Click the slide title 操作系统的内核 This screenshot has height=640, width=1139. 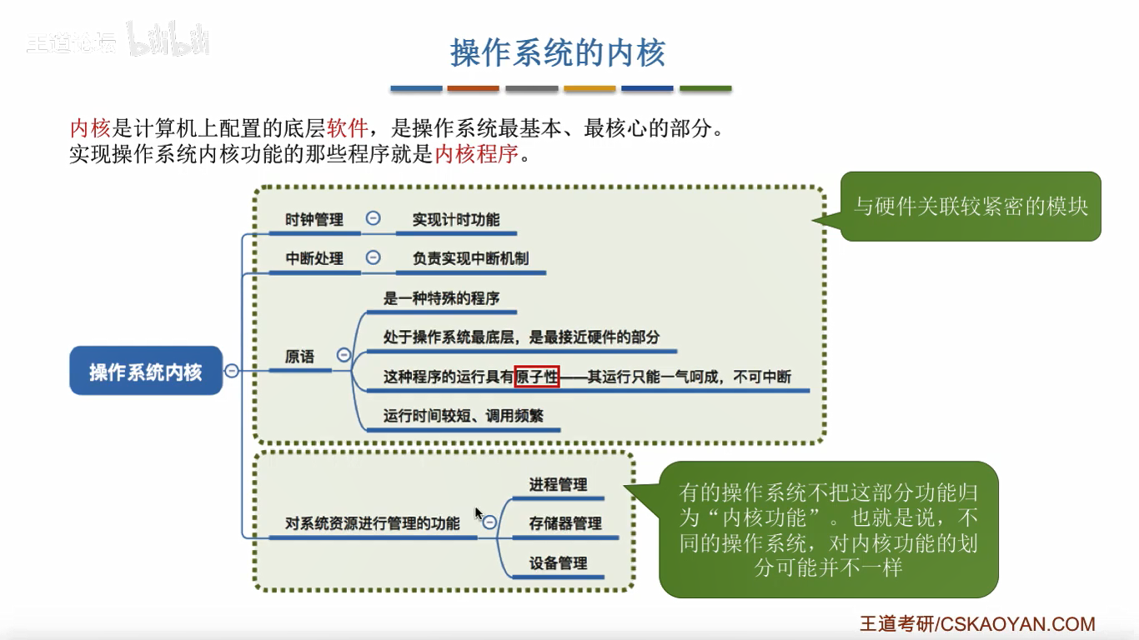click(557, 52)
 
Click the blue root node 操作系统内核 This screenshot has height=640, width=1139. click(145, 371)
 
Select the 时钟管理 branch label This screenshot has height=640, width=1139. click(314, 219)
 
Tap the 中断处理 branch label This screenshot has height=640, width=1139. click(314, 258)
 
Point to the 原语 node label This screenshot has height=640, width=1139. click(299, 357)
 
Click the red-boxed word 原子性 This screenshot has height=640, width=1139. click(536, 377)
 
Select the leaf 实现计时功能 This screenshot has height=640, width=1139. click(456, 219)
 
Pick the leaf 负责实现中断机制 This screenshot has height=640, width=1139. click(470, 258)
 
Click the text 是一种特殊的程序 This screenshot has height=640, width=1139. click(441, 297)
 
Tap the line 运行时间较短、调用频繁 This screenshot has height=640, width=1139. click(463, 415)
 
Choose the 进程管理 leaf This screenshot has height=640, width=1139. click(558, 484)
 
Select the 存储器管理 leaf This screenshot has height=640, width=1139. click(564, 523)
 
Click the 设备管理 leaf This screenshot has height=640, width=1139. click(558, 563)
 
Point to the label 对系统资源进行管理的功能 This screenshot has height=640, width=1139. click(372, 523)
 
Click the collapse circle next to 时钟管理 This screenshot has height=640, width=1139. click(374, 218)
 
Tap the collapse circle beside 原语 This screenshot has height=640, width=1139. click(344, 355)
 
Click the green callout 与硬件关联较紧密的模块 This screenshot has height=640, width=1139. click(971, 206)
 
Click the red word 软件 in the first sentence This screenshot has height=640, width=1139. click(348, 128)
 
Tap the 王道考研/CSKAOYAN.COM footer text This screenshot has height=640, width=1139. click(977, 623)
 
